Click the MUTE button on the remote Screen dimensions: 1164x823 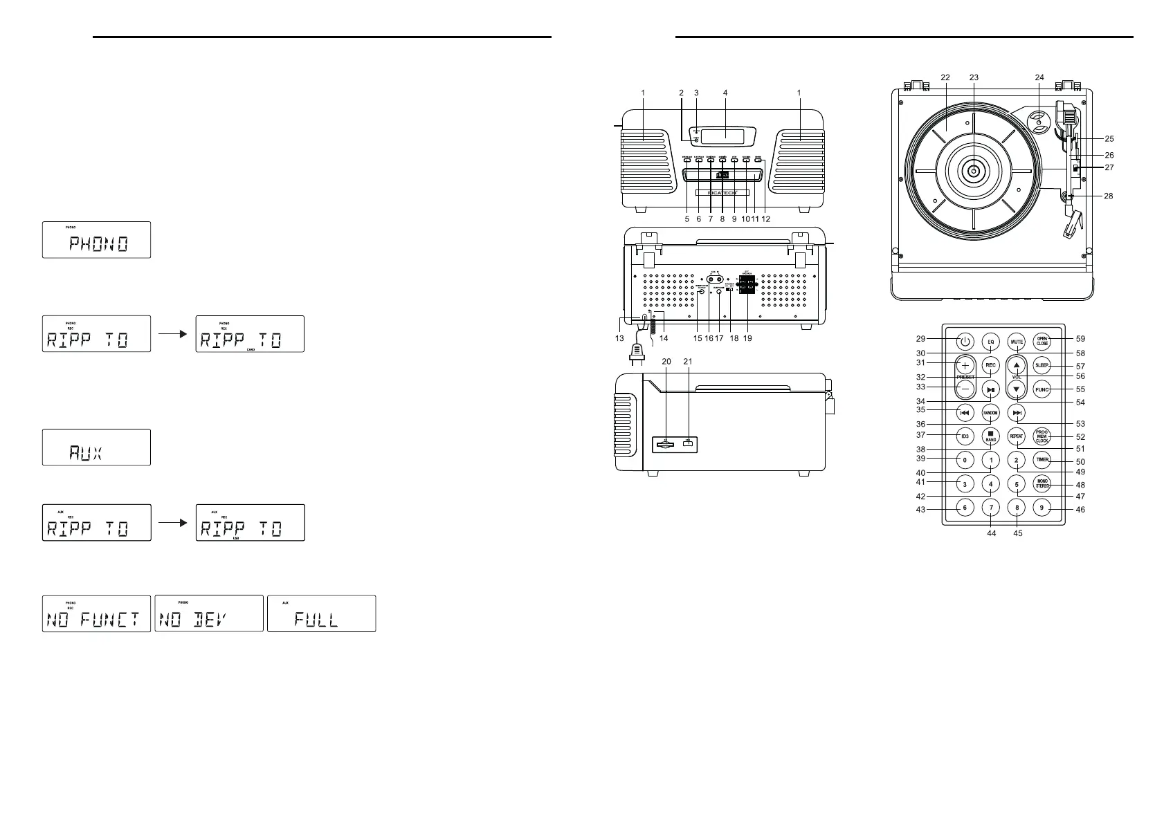point(1016,342)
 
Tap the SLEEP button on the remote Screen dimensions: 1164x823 point(1042,365)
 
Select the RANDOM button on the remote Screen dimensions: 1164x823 point(990,413)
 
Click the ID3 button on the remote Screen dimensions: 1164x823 point(965,436)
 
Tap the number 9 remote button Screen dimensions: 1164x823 point(1042,508)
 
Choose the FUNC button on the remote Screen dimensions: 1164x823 point(1042,389)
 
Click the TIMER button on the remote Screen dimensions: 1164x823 point(1042,460)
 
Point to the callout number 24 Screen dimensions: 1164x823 point(1039,78)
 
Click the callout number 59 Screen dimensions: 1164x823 point(1080,339)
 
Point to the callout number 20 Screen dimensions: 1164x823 point(666,362)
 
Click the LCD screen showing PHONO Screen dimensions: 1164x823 point(96,240)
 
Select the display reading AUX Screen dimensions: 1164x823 point(96,447)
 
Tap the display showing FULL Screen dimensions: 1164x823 point(321,613)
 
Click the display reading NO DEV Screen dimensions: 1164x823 point(209,613)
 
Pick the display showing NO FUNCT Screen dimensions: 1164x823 point(96,613)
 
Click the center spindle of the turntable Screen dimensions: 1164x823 point(974,171)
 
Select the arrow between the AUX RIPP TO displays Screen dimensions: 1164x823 point(173,523)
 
